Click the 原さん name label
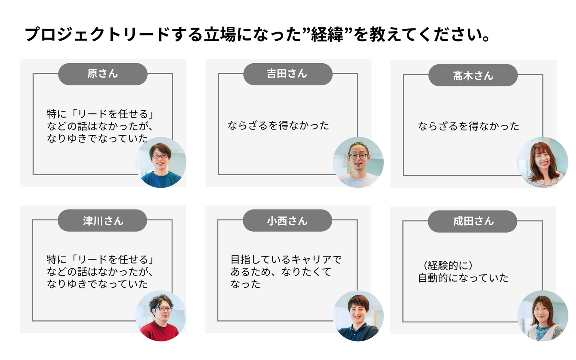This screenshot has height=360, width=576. tap(103, 74)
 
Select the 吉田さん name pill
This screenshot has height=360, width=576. tap(288, 74)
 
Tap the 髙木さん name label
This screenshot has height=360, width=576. tap(473, 75)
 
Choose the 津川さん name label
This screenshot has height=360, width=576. tap(102, 220)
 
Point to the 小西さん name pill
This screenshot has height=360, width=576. tap(287, 220)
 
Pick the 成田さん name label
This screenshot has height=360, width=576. tap(472, 221)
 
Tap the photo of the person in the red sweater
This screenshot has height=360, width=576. tap(161, 316)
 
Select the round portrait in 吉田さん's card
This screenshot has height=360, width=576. tap(358, 162)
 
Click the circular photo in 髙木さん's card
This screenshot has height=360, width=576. tap(543, 162)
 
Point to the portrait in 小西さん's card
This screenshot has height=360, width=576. tap(358, 316)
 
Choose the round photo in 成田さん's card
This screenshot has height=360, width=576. tap(543, 316)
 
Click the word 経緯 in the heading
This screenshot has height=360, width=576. tap(327, 35)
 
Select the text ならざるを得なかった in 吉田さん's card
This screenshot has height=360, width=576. tap(278, 126)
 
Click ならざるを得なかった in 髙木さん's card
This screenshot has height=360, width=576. tap(468, 126)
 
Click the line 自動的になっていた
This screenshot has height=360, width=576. tap(463, 278)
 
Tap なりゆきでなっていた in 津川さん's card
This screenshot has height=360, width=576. tap(97, 284)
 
